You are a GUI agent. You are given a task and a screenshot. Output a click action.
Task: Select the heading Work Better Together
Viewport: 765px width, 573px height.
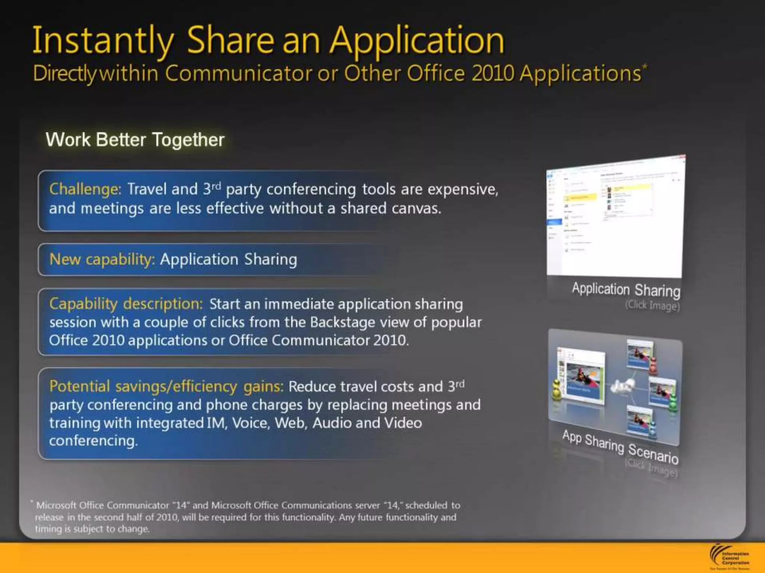pos(135,140)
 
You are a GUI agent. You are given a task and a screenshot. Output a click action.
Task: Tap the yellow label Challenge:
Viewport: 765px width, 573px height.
pos(85,189)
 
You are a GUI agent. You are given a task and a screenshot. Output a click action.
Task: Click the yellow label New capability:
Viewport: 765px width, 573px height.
pos(102,259)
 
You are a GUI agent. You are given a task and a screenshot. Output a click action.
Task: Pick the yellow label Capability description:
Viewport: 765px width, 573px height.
pos(126,304)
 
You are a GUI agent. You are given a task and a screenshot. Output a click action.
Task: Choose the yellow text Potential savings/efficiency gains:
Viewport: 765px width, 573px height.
pos(167,386)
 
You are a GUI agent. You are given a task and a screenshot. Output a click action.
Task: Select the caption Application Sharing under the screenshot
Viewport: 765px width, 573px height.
pos(626,290)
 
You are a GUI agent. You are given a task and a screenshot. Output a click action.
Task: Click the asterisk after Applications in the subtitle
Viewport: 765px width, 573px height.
pos(644,66)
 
